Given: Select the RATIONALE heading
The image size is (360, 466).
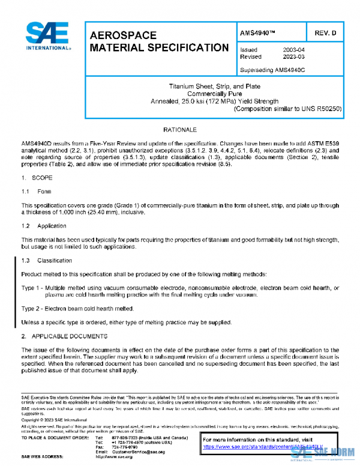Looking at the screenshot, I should pos(180,130).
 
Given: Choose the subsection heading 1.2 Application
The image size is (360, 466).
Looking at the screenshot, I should pos(44,226).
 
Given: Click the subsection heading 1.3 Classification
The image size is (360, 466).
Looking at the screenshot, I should pos(47,261).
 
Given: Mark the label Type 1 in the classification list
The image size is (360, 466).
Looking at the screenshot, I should pos(31,288).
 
